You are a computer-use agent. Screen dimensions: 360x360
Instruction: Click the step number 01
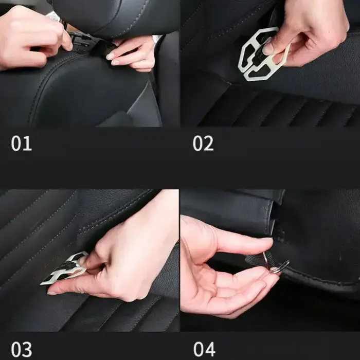point(21,143)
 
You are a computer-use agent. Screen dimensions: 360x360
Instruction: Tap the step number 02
point(203,143)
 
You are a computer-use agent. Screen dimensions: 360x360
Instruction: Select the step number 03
point(22,349)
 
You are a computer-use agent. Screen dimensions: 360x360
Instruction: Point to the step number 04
point(204,349)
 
